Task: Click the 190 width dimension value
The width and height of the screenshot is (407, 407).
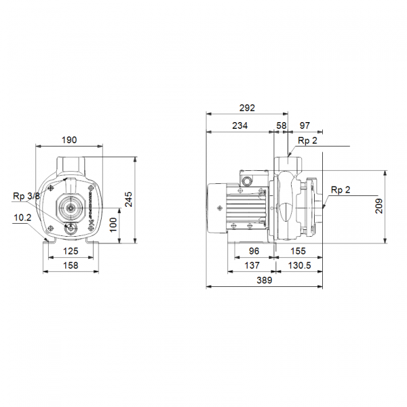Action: coord(69,140)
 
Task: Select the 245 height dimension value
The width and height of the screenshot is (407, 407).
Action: coord(128,198)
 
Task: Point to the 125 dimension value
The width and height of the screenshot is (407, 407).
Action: coord(71,252)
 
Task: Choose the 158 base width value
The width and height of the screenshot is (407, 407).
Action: coord(71,266)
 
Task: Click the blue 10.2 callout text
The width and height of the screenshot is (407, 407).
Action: coord(22,218)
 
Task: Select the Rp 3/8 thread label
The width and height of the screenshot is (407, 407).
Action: coord(26,196)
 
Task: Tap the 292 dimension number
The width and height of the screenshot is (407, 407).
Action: coord(246,108)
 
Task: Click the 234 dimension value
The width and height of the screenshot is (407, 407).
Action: coord(239,125)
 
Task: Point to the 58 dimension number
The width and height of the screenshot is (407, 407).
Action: coord(282,125)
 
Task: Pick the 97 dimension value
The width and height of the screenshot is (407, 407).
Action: coord(305,125)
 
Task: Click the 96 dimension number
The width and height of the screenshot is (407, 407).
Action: coord(254,250)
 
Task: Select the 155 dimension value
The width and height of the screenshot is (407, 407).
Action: coord(298,250)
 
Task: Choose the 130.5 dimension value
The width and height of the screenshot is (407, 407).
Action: coord(299,265)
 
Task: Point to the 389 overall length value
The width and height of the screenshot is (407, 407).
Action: coord(264,280)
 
